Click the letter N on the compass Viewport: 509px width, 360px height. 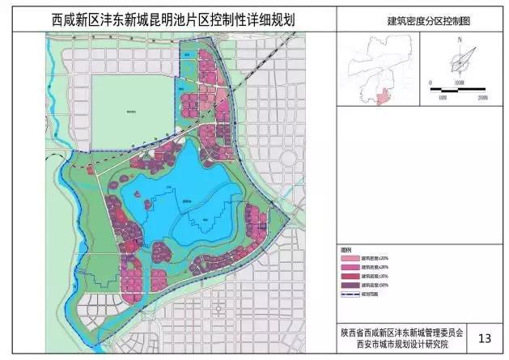tap(458, 39)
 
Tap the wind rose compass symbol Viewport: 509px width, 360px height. tap(459, 61)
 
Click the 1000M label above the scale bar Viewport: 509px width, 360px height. tap(459, 82)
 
